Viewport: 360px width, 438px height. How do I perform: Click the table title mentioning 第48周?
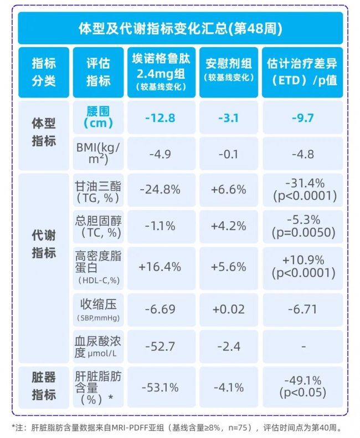[x=180, y=28]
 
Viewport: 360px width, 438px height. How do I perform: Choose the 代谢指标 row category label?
[x=44, y=244]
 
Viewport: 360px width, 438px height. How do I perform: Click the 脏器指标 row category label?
[x=44, y=386]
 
